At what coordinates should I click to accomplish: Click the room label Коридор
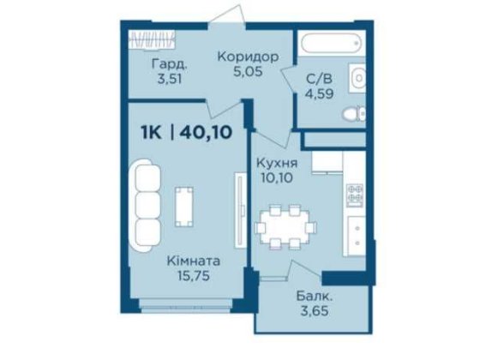point(248,57)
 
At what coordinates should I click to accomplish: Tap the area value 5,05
point(248,73)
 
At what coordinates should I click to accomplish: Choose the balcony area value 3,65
point(315,313)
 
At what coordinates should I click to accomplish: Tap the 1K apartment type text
point(154,132)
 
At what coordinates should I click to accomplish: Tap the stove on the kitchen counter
point(355,195)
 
